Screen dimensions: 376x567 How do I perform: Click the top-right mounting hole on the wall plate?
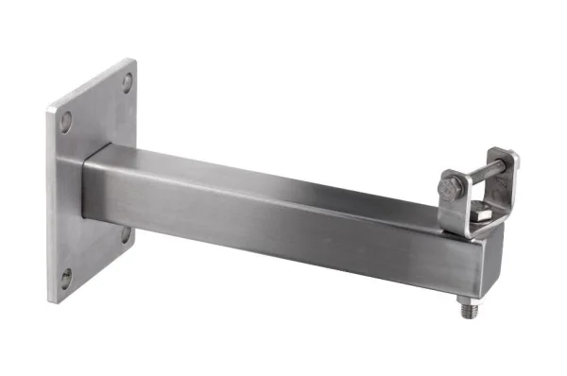(127, 82)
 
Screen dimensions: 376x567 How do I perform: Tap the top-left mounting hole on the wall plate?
(65, 121)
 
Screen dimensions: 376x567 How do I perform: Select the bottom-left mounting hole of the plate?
(65, 278)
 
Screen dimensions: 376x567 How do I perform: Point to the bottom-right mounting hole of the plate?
(126, 233)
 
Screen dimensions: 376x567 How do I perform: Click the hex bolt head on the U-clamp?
(450, 187)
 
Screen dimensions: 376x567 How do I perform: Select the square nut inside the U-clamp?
(480, 218)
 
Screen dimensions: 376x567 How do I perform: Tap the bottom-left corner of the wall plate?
(49, 301)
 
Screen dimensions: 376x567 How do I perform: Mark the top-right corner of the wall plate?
(135, 60)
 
